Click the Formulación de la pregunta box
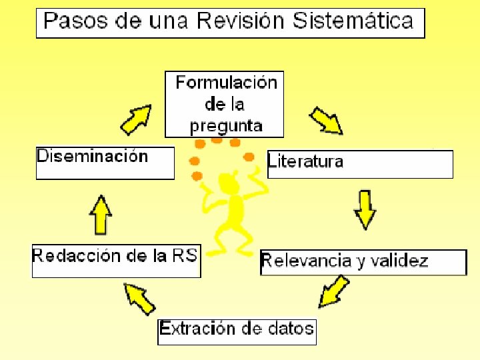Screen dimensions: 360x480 (x=225, y=104)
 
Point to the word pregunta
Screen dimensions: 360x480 (x=226, y=125)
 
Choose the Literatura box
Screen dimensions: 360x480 (x=360, y=164)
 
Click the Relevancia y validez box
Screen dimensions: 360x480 (x=363, y=262)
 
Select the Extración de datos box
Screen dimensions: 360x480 (x=237, y=331)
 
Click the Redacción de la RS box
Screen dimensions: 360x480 (x=116, y=261)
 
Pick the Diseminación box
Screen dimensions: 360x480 (x=105, y=163)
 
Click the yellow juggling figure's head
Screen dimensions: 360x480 (x=230, y=181)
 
